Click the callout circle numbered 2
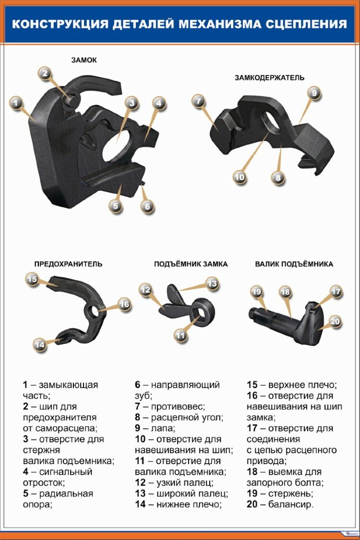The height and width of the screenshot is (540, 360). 45,73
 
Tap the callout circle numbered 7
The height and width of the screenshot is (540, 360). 199,101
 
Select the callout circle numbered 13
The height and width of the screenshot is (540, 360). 212,284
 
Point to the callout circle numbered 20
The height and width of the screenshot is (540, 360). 335,322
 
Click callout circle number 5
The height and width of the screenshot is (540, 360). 115,206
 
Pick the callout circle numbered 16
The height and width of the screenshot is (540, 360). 124,304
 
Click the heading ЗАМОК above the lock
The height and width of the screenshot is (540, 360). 84,60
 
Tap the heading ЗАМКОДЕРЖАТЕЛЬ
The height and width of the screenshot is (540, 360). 269,77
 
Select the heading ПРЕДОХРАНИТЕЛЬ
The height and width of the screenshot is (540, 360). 68,264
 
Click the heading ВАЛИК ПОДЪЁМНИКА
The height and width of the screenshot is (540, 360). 294,264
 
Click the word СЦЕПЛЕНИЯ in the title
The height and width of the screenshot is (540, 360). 307,24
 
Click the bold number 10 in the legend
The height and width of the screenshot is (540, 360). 140,439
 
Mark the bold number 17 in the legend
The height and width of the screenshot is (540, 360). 252,429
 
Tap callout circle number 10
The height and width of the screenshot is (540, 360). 240,177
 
